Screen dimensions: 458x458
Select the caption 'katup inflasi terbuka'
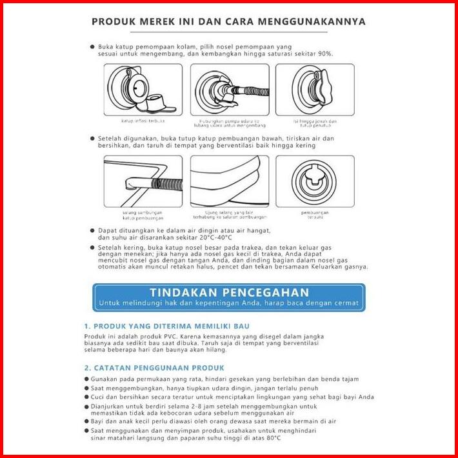click(x=143, y=121)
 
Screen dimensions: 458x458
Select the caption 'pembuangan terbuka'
click(x=315, y=215)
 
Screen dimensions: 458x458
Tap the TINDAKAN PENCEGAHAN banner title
click(x=229, y=292)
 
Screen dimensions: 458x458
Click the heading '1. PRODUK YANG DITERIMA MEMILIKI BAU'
click(x=166, y=326)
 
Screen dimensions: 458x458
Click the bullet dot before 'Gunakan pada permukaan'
click(x=87, y=379)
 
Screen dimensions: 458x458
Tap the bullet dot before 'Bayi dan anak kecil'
click(x=87, y=421)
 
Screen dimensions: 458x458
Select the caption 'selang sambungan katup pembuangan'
click(x=142, y=215)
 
